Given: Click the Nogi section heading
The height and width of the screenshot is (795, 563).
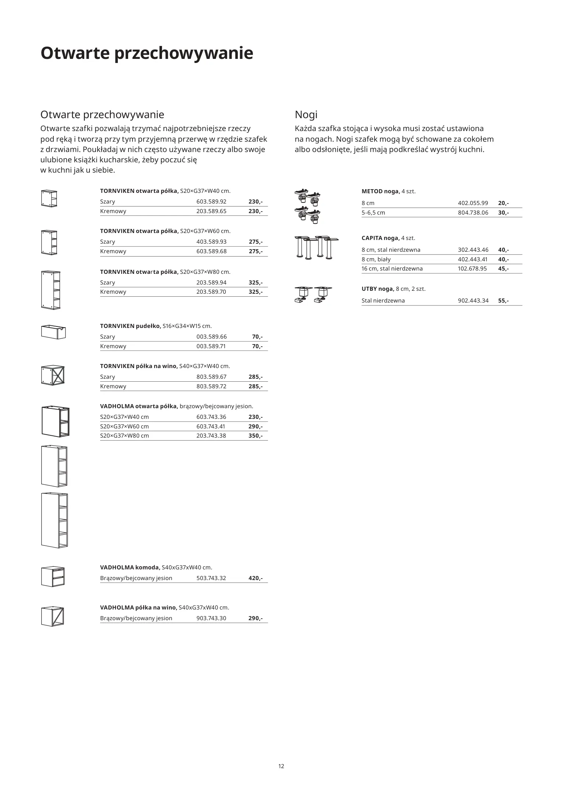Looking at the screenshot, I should [x=306, y=115].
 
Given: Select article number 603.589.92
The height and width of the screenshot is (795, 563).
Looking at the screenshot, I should [x=211, y=202].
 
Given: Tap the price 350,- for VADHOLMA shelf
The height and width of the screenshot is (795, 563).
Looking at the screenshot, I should [x=256, y=436].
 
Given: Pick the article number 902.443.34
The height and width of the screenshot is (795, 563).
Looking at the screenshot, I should [x=473, y=301].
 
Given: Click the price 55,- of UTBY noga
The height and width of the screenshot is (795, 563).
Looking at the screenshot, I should [x=503, y=301].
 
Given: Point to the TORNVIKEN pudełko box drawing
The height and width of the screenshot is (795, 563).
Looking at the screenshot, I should [x=53, y=332].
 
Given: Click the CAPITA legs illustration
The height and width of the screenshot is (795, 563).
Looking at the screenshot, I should [x=317, y=247].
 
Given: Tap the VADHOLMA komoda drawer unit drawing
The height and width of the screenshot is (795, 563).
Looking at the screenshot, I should [x=53, y=577].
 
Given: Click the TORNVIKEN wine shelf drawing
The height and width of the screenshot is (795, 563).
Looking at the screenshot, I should [x=53, y=375].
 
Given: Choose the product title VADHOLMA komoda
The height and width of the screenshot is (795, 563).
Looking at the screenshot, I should [x=130, y=568].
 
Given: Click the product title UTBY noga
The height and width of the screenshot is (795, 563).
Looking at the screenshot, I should [x=378, y=289].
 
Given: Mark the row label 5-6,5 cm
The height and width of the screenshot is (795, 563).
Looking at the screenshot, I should [x=373, y=213].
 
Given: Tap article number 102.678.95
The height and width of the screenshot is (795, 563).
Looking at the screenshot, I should [x=472, y=269].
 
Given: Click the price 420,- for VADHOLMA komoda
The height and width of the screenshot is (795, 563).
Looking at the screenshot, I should [x=256, y=578].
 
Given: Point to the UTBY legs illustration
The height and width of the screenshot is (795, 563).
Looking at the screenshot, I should [x=313, y=295].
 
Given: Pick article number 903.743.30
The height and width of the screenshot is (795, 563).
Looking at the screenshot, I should [x=211, y=618].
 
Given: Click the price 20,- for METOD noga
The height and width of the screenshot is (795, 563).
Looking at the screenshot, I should [x=503, y=203].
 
